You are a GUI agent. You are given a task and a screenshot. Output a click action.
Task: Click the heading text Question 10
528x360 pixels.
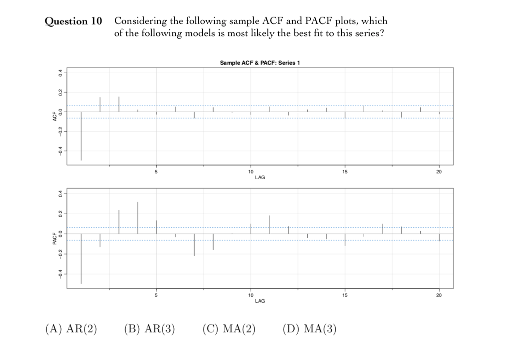(74, 21)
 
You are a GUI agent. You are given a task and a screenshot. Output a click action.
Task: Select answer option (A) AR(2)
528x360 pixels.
(71, 328)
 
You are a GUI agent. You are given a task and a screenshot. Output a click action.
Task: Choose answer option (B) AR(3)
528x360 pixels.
(150, 328)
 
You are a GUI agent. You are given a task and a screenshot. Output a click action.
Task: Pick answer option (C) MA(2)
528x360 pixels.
(229, 328)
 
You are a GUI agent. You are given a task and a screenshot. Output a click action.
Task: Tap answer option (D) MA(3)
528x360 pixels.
(310, 328)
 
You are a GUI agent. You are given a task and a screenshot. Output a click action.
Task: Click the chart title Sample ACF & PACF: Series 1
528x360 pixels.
(260, 63)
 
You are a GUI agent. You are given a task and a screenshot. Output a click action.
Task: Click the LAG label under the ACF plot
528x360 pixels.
(260, 177)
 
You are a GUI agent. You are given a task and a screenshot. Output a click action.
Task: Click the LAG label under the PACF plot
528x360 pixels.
(260, 301)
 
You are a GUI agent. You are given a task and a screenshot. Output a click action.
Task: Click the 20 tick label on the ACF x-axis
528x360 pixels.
(439, 172)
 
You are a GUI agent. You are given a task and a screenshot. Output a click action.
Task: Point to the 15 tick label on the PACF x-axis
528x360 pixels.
(345, 295)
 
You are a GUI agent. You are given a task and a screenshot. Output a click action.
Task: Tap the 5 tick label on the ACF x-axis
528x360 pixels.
(156, 172)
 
